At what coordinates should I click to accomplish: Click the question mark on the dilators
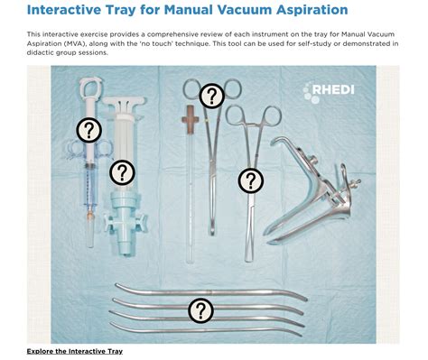(x=200, y=311)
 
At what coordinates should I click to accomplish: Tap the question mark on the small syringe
(x=88, y=131)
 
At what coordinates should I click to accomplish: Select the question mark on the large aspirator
(x=121, y=171)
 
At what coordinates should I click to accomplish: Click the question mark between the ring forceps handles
(x=210, y=95)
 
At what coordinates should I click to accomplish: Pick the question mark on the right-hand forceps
(x=250, y=180)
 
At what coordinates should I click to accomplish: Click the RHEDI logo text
(x=340, y=89)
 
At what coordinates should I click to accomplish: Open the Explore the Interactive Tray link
(x=74, y=350)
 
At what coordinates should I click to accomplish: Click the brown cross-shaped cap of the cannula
(x=189, y=116)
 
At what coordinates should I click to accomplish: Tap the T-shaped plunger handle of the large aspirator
(x=124, y=97)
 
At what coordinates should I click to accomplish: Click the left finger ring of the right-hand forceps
(x=233, y=115)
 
